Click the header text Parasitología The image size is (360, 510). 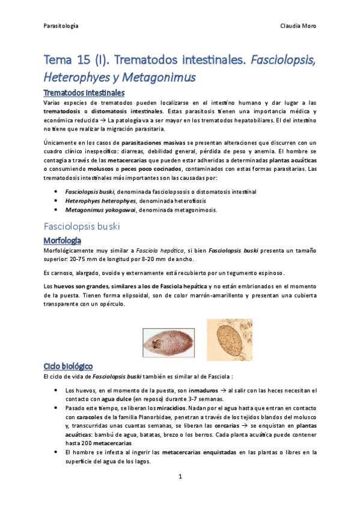coord(61,26)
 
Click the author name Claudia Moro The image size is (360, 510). coord(298,26)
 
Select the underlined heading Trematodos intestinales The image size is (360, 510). coord(84,93)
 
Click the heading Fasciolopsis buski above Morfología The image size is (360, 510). coord(81,227)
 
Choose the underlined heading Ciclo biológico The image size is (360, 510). coord(68,365)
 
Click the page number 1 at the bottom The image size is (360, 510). coord(180,476)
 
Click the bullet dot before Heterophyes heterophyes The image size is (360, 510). coord(56,200)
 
